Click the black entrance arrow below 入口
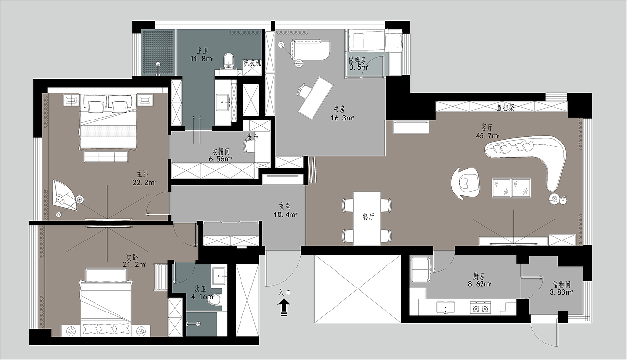tap(284, 307)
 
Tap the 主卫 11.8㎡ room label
tap(202, 55)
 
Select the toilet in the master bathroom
tap(229, 61)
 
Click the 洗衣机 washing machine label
tap(252, 63)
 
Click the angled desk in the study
tap(316, 98)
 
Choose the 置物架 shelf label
tap(506, 107)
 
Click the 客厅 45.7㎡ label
tap(487, 132)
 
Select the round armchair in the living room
tap(465, 183)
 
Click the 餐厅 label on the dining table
tap(368, 216)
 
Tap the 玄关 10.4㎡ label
tap(285, 211)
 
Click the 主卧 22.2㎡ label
tap(144, 178)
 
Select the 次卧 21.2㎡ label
tap(134, 261)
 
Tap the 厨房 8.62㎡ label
tap(480, 280)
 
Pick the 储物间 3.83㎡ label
tap(561, 288)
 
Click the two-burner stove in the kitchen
tap(481, 307)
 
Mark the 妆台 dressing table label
tap(252, 137)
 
